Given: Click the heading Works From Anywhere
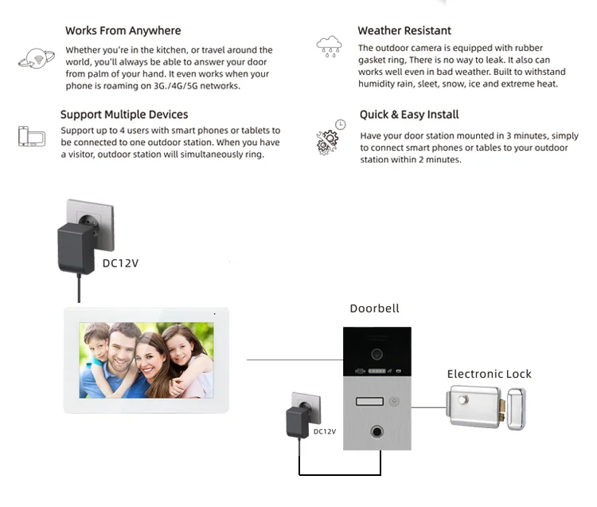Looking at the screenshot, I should tap(123, 31).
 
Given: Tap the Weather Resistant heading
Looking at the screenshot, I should tap(404, 31).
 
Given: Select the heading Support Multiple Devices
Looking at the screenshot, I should tap(124, 115).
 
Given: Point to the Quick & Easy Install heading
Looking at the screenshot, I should tap(409, 115).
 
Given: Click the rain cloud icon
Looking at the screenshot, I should tap(329, 45).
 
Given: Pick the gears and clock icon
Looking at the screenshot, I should tap(330, 137).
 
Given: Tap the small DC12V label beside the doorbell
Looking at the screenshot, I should tap(325, 431).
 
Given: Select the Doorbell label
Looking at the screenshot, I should tap(374, 309).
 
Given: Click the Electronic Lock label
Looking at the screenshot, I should tap(489, 374).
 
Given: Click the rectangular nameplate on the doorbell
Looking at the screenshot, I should tap(369, 403).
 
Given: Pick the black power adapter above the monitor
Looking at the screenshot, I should tap(76, 243).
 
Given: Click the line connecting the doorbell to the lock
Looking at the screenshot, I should tap(428, 407).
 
